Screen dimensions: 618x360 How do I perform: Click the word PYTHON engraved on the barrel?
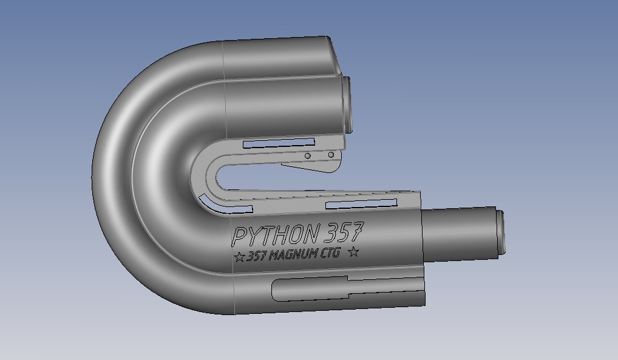(275, 236)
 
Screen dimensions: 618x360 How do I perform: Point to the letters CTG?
(330, 253)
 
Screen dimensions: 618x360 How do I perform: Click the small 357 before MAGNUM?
(257, 256)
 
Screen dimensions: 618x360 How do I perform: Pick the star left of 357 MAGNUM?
(239, 257)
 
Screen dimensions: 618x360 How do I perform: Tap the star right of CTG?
(353, 251)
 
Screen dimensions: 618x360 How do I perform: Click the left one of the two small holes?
(307, 156)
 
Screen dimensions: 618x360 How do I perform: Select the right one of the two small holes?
(331, 155)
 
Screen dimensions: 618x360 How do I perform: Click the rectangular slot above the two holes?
(279, 143)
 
